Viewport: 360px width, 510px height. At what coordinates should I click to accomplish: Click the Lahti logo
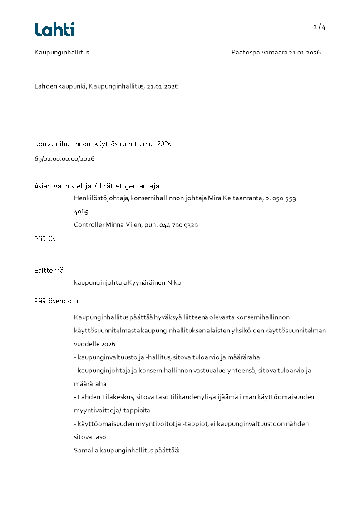point(54,30)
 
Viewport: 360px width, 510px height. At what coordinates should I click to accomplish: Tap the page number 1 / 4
point(320,27)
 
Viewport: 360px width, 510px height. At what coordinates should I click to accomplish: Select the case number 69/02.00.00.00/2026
point(64,159)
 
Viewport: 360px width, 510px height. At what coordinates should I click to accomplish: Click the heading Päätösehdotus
point(58,301)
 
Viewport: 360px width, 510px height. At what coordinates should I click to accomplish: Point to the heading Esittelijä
point(49,271)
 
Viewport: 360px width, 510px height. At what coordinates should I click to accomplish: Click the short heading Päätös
point(45,239)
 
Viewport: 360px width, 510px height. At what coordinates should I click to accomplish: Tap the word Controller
point(89,225)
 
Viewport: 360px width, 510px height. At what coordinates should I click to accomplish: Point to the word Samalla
point(86,451)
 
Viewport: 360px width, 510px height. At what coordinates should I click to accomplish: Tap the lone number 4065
point(81,212)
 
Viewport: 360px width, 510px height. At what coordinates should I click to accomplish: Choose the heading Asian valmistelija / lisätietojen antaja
point(97,186)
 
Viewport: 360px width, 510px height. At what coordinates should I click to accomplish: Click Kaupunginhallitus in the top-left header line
point(62,52)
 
